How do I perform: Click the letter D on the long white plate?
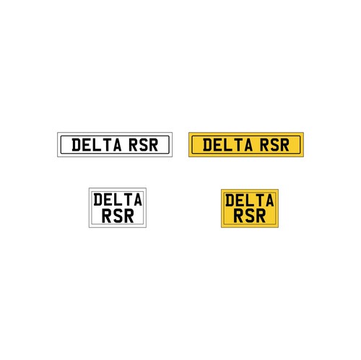(77, 145)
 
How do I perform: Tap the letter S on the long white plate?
(143, 145)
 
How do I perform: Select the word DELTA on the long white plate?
(97, 145)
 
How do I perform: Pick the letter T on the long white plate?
(107, 145)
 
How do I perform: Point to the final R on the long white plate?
(153, 145)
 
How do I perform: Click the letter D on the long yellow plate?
(207, 145)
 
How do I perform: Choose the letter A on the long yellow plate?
(248, 145)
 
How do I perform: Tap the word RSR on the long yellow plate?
(274, 145)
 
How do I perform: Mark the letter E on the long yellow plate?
(218, 145)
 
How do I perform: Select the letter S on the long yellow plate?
(274, 145)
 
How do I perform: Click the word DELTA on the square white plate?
(118, 200)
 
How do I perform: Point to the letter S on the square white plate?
(118, 216)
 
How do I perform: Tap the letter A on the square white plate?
(138, 200)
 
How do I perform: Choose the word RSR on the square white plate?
(118, 216)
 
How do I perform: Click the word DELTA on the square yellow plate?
(250, 201)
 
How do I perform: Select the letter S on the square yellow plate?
(250, 216)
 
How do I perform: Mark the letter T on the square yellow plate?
(259, 201)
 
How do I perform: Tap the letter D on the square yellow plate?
(230, 201)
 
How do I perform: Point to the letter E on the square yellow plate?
(240, 201)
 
